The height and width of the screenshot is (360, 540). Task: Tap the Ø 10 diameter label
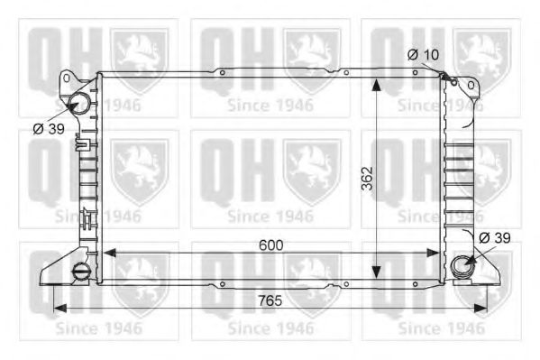[423, 55]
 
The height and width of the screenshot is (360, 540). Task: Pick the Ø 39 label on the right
[495, 237]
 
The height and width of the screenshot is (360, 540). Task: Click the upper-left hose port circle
[79, 102]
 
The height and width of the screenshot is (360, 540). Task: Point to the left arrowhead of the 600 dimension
[105, 254]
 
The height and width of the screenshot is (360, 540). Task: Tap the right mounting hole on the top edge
[345, 73]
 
